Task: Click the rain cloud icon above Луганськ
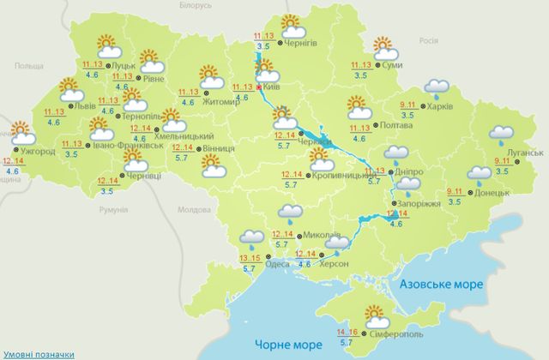click(x=500, y=135)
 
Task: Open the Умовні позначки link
click(x=37, y=352)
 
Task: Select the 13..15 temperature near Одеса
click(x=251, y=257)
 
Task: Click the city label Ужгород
click(x=39, y=152)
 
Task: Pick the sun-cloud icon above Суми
click(x=382, y=46)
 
